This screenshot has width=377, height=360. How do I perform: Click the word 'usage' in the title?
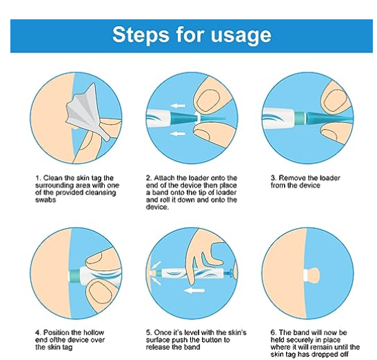241,36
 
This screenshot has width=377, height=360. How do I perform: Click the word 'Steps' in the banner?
141,34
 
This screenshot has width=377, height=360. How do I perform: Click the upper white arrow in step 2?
178,106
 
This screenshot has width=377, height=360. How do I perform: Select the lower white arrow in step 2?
178,134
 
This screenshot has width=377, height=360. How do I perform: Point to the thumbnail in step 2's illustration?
208,101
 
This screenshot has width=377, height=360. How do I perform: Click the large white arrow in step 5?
194,291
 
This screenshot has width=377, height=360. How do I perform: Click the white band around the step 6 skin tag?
307,274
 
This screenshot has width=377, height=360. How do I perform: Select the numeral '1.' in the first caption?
39,178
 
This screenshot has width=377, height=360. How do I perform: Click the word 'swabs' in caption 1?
45,200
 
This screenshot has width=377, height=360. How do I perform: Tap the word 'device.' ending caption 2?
157,207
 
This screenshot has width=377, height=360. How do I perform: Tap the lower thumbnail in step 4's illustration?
100,292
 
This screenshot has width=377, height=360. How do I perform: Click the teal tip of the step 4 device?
74,274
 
